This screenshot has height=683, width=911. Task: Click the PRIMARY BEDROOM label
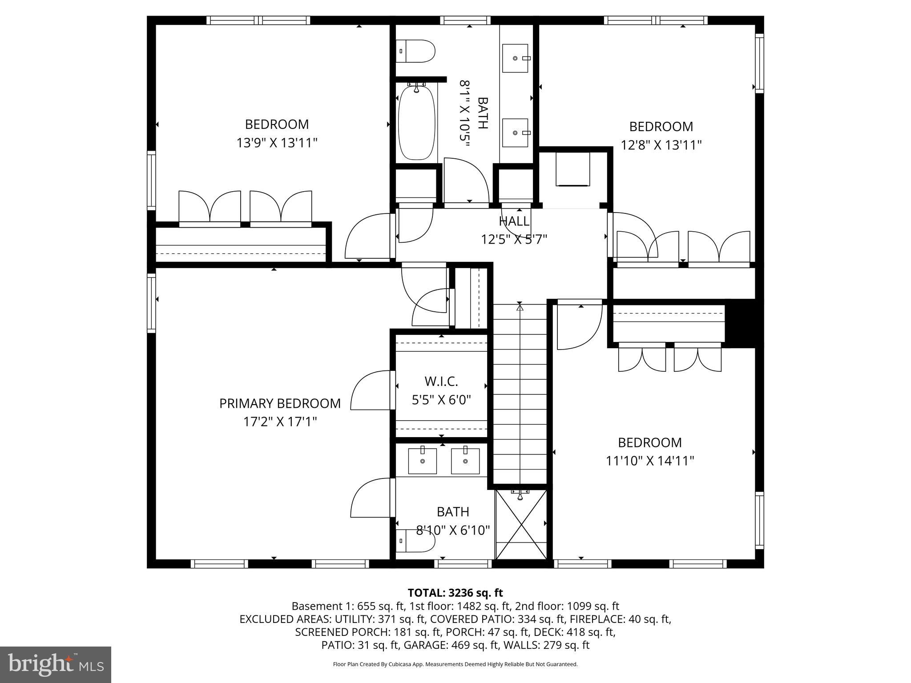click(280, 403)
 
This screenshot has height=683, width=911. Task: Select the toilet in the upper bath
click(415, 51)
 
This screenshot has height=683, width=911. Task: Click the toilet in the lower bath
click(415, 541)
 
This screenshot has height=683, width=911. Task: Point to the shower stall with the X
click(521, 525)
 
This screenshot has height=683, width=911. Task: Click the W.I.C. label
click(441, 382)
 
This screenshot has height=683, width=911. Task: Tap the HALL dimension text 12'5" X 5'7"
click(514, 240)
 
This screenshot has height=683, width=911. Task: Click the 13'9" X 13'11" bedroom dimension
click(277, 143)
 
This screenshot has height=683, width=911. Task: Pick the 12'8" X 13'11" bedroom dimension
click(661, 145)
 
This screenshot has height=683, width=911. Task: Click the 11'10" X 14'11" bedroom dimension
click(650, 461)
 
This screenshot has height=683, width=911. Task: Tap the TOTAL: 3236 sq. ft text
click(455, 593)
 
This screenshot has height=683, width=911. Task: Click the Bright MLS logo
click(55, 664)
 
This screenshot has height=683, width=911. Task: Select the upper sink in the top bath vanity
click(515, 58)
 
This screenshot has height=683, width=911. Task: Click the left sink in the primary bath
click(423, 462)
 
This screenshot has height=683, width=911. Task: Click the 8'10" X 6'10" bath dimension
click(453, 530)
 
